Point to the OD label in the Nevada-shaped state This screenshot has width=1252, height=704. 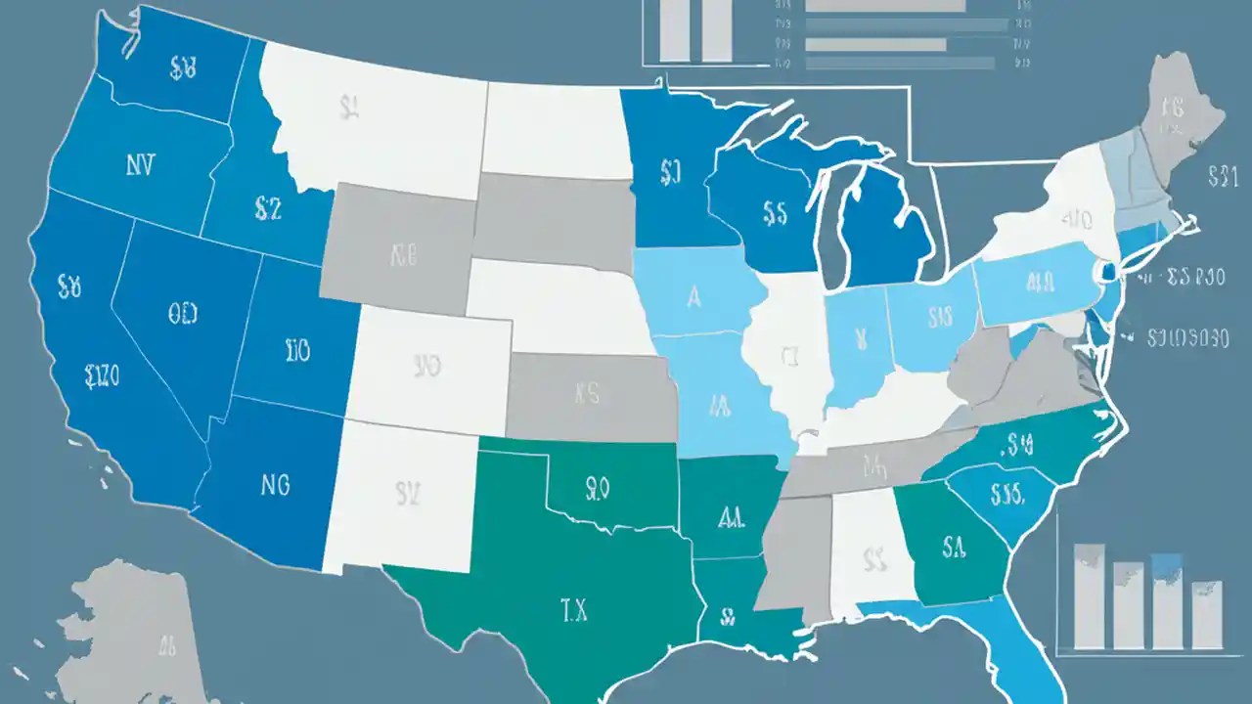tap(182, 314)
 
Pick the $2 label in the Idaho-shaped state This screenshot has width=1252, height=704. tap(267, 207)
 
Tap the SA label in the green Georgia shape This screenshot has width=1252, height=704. tap(955, 544)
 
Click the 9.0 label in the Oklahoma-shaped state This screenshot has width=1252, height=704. tap(597, 485)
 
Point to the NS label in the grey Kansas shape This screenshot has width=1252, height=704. tap(587, 394)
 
